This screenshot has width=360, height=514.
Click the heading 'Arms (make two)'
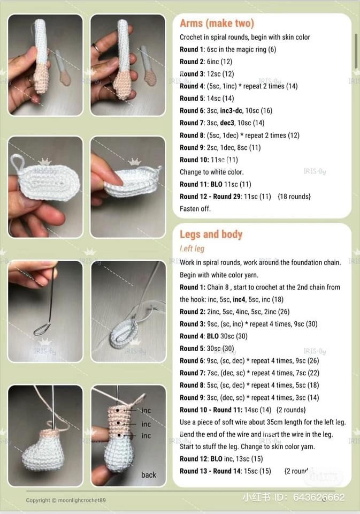[217, 24]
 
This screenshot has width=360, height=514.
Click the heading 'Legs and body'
[211, 235]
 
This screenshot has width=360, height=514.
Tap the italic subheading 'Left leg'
[192, 249]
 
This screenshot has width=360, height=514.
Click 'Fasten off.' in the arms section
[195, 209]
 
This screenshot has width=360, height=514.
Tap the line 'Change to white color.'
[212, 172]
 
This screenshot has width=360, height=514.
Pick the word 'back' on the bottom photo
[149, 475]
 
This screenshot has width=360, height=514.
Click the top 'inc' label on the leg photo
[146, 411]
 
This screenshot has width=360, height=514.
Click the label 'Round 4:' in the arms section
[192, 86]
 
